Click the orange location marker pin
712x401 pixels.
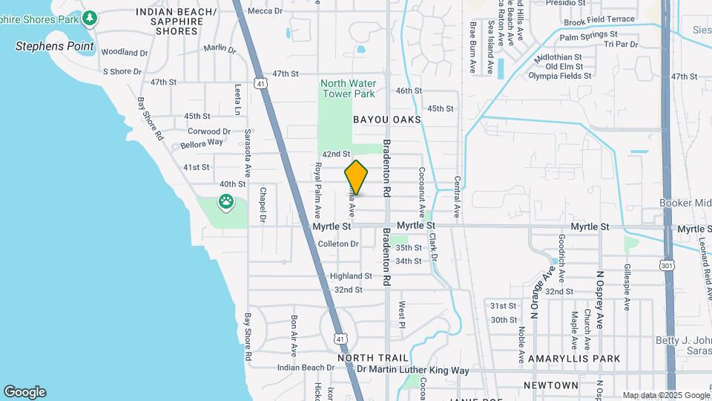(x=356, y=177)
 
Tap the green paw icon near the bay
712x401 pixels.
(x=225, y=200)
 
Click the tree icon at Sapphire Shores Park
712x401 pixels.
(x=90, y=16)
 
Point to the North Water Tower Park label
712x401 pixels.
(x=348, y=88)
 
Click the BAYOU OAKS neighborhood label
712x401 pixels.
(x=386, y=120)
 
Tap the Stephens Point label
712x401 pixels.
(x=55, y=46)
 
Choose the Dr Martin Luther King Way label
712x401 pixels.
(x=412, y=370)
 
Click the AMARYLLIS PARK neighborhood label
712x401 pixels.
(x=573, y=359)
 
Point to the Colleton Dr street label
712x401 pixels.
(x=337, y=244)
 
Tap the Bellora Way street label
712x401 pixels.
(x=202, y=143)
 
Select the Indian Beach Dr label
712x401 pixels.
(x=306, y=368)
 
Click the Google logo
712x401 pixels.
(x=24, y=392)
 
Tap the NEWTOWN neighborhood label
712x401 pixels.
(x=550, y=385)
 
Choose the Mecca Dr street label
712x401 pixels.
(x=265, y=10)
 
